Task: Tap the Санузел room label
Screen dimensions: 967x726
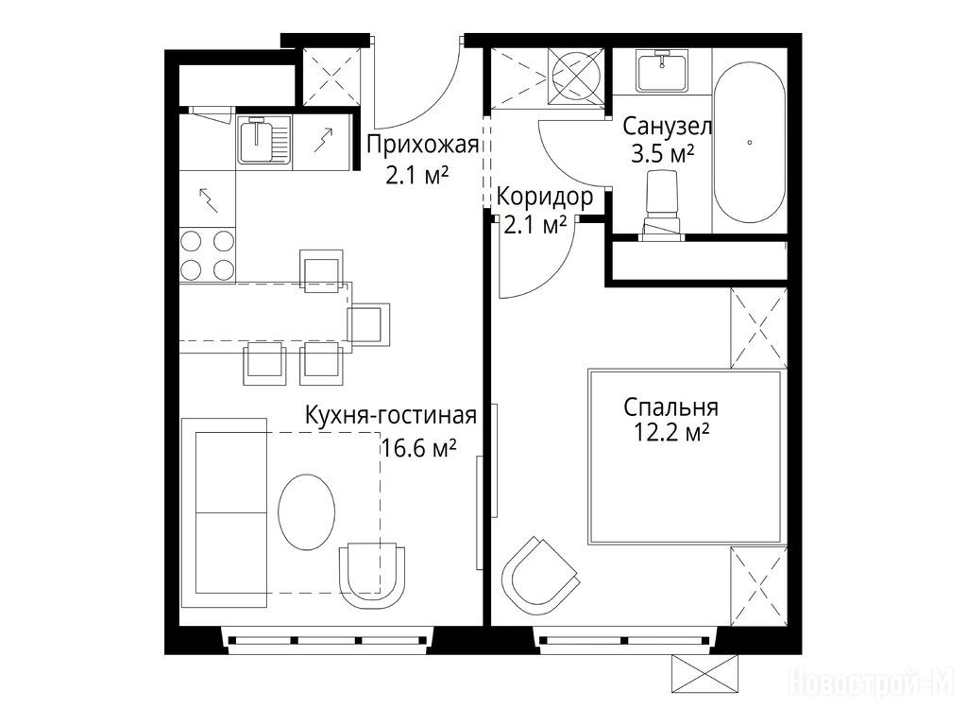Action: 668,126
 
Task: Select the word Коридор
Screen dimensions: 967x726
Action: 545,198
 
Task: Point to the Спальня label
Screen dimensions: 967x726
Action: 670,407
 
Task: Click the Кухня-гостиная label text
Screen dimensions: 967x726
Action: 391,416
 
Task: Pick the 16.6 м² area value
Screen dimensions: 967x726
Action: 418,447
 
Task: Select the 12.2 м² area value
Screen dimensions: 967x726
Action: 671,432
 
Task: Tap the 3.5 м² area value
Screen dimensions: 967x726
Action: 662,152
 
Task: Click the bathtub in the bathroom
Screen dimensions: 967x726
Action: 749,142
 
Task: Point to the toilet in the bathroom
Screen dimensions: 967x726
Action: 661,205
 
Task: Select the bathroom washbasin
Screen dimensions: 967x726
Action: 662,72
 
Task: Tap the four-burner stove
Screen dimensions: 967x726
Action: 207,255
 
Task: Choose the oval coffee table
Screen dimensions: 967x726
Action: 307,511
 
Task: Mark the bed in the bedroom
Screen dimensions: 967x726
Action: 686,457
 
